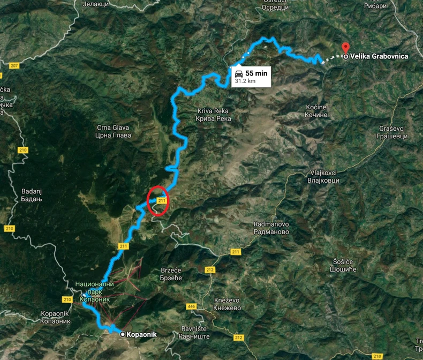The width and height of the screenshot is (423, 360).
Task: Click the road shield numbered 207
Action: [x=14, y=66]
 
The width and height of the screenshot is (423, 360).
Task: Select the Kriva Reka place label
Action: [x=214, y=115]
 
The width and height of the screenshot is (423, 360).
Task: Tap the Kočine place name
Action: [x=316, y=111]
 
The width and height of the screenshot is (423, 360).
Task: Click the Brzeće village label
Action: [x=172, y=274]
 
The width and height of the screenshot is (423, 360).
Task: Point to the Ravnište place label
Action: [x=194, y=332]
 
